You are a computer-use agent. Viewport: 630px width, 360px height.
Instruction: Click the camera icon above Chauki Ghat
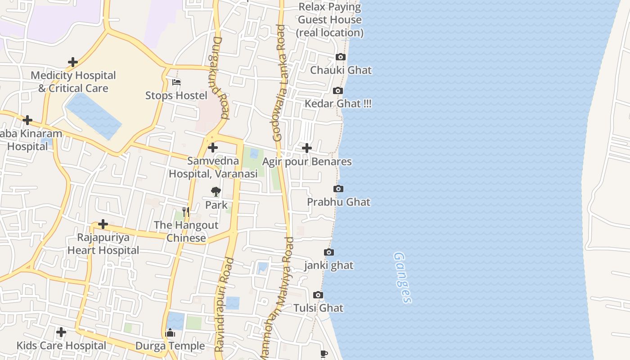[341, 57]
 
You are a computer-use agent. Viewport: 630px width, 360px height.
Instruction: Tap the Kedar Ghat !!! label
[338, 103]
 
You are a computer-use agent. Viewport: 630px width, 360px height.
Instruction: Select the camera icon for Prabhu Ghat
[338, 189]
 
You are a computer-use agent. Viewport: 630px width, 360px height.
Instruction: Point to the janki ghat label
[329, 265]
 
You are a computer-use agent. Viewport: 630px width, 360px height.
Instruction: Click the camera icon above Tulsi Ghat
[318, 295]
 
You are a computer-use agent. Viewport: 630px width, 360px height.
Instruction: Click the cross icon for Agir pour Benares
[306, 148]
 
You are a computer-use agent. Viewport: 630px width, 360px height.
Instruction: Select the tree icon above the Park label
[216, 192]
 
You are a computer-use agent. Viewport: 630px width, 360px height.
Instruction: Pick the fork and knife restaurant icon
[186, 211]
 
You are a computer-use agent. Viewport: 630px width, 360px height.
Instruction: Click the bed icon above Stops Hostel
[176, 82]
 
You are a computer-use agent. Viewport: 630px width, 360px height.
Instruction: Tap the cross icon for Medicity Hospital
[72, 62]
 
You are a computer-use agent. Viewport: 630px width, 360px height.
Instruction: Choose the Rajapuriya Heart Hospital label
[103, 244]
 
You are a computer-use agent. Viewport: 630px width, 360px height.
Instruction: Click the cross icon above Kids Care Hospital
[61, 333]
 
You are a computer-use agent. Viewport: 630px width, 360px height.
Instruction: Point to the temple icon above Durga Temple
[170, 333]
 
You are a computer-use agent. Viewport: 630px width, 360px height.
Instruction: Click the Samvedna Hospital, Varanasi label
[213, 167]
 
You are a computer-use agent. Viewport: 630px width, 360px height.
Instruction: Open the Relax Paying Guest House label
[330, 20]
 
